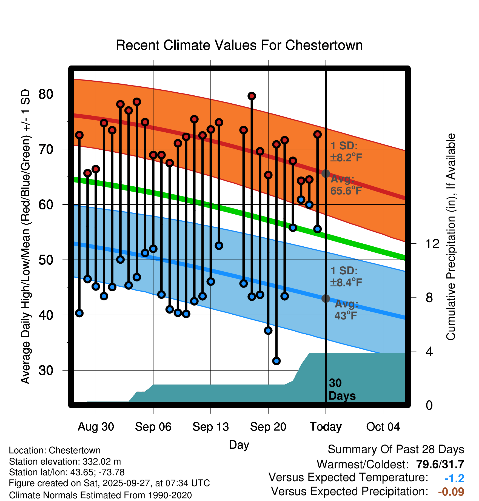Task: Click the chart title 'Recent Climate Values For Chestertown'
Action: coord(239,45)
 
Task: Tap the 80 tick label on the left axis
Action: coord(46,94)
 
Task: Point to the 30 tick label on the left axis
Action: coord(46,370)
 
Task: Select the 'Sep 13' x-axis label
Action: coord(210,427)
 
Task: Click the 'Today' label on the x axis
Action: coord(326,427)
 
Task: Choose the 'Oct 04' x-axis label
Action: coord(383,427)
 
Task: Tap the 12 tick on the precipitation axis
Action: coord(432,244)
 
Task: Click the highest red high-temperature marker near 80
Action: coord(252,96)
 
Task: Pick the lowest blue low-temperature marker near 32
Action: coord(276,361)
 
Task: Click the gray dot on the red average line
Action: coord(326,173)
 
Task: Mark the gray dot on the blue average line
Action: coord(326,298)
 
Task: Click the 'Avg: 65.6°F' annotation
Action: coord(346,185)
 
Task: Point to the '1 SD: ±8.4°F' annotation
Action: coord(346,277)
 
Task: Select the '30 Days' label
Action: coord(342,389)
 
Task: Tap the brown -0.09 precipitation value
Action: coord(451,492)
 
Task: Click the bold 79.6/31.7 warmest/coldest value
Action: coord(440,464)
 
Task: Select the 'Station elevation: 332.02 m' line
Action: coord(65,462)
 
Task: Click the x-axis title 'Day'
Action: coord(239,445)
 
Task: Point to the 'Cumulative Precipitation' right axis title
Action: coord(451,237)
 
